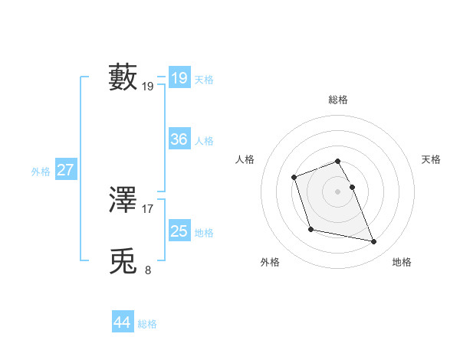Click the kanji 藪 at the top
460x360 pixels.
pyautogui.click(x=123, y=77)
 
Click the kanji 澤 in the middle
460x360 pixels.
pyautogui.click(x=123, y=199)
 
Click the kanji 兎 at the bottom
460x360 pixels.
pyautogui.click(x=123, y=261)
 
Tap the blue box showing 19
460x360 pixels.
pyautogui.click(x=179, y=78)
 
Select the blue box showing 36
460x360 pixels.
pyautogui.click(x=179, y=139)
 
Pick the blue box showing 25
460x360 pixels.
pyautogui.click(x=179, y=231)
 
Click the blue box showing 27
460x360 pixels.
pyautogui.click(x=65, y=170)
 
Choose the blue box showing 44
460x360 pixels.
pyautogui.click(x=122, y=322)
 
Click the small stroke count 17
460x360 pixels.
pyautogui.click(x=148, y=208)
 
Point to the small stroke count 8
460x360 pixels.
pyautogui.click(x=148, y=270)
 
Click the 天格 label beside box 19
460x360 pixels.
pyautogui.click(x=204, y=80)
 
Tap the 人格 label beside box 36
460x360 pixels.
pyautogui.click(x=204, y=141)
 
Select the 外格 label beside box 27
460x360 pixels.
pyautogui.click(x=41, y=172)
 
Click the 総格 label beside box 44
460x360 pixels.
pyautogui.click(x=147, y=324)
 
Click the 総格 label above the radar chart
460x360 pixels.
pyautogui.click(x=338, y=100)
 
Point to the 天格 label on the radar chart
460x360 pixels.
pyautogui.click(x=431, y=159)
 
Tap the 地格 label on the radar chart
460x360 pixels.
pyautogui.click(x=402, y=262)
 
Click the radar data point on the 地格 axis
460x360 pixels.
pyautogui.click(x=374, y=242)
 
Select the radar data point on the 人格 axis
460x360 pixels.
pyautogui.click(x=294, y=178)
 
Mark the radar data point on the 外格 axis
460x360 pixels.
pyautogui.click(x=310, y=229)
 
